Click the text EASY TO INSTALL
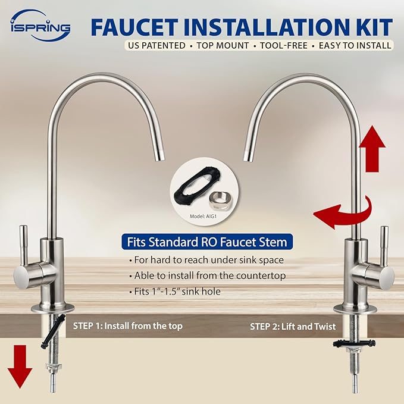355,45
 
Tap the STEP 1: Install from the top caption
127,326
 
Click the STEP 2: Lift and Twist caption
293,326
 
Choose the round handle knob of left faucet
24,277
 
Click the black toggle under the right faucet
352,344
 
